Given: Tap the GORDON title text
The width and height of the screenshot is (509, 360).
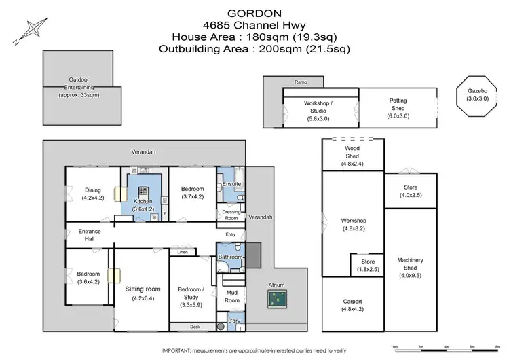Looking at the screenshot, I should coord(254,13).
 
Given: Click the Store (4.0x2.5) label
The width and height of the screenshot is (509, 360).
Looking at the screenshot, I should coord(411,191).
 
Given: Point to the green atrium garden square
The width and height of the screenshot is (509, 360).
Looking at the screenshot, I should coord(277,297).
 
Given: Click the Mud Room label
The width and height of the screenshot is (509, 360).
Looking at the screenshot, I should coord(233,296).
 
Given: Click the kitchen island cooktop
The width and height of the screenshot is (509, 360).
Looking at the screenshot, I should coord(144,192).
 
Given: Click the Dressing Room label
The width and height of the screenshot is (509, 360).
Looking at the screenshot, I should coord(231,214).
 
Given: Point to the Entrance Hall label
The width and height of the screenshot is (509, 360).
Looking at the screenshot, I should coord(89,235).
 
